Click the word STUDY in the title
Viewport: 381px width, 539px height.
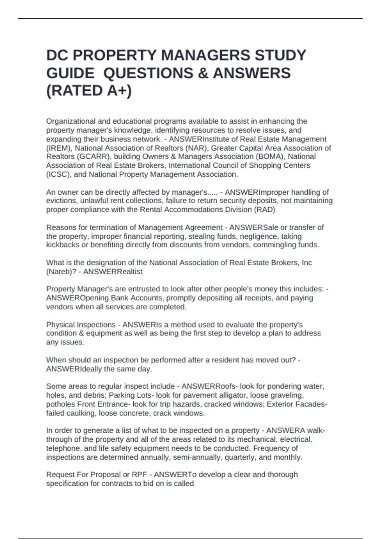pyautogui.click(x=280, y=55)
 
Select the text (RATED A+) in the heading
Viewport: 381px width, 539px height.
pyautogui.click(x=89, y=91)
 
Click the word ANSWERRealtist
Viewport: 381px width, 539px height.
pyautogui.click(x=113, y=272)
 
